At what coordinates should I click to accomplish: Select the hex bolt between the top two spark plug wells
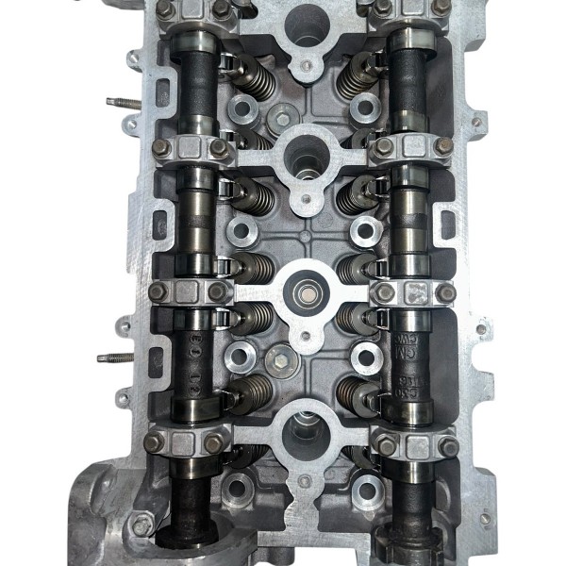coord(282,118)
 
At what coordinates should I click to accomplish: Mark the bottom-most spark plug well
coord(306,429)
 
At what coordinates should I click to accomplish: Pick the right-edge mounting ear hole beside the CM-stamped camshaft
coord(480,331)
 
